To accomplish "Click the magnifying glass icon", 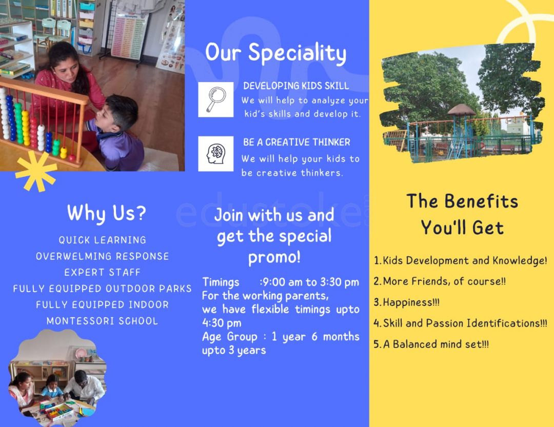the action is pos(215,99).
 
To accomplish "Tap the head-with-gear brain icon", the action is pos(215,154).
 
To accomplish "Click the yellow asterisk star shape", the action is pos(36,171).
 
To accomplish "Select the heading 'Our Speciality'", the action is pos(276,53).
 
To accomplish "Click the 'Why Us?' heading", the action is pos(106,213).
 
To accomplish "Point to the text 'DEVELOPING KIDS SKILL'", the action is pos(296,86).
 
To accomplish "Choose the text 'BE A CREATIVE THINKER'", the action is pos(297,142).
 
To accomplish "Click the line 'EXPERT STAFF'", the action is pos(103,272).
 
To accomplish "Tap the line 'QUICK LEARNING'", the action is pos(103,240).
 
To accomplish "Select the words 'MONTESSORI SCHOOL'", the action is pos(103,321).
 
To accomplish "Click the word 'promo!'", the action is pos(274,257).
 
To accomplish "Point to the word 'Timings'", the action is pos(221,282).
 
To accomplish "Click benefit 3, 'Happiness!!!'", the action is pos(407,302).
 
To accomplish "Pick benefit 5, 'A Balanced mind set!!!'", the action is pos(431,344).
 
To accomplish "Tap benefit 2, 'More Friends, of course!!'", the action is pos(440,281).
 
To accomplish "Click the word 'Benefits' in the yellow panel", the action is pos(481,201).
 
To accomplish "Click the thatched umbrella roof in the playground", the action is pos(462,110).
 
